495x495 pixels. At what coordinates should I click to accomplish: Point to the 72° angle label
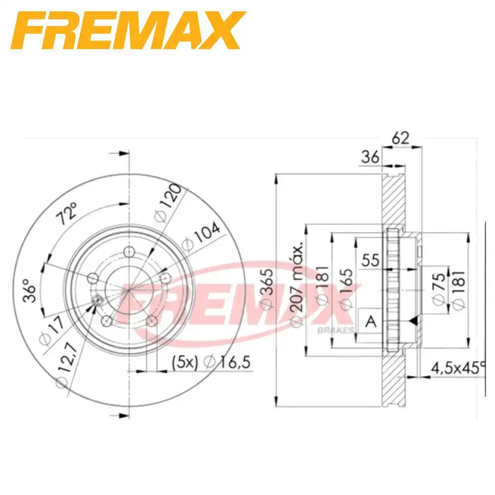(67, 214)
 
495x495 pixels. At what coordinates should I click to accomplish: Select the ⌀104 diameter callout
(200, 237)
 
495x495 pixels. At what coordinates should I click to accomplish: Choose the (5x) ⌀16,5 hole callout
(212, 363)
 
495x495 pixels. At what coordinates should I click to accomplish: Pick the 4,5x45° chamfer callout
(458, 368)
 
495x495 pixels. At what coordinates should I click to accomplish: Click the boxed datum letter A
(370, 322)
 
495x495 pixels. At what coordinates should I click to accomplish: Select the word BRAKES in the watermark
(335, 330)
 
